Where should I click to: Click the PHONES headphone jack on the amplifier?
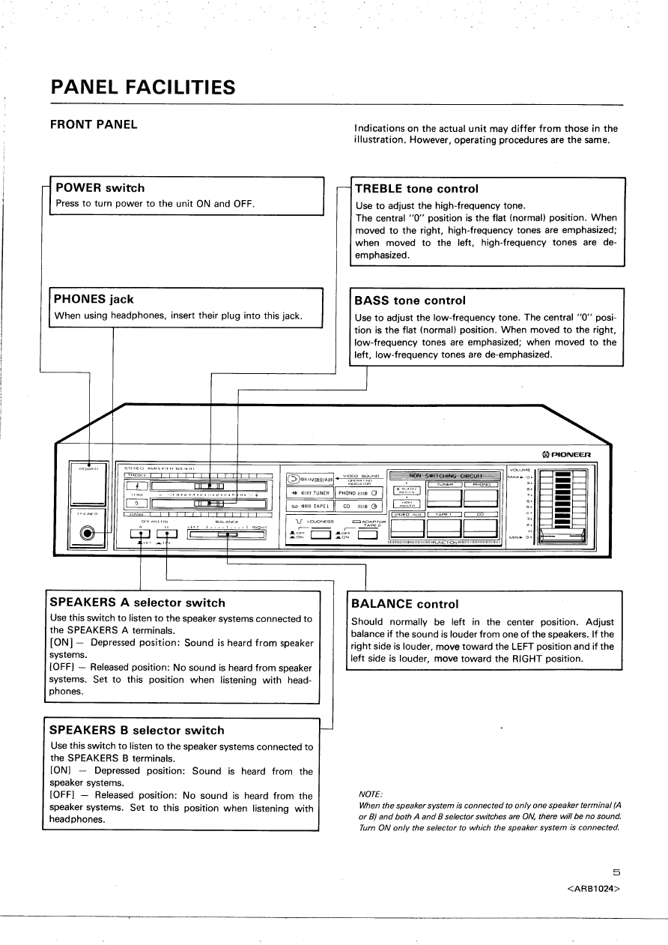pyautogui.click(x=88, y=534)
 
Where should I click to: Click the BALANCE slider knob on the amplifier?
pyautogui.click(x=227, y=534)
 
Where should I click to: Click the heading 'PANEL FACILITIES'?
pyautogui.click(x=142, y=88)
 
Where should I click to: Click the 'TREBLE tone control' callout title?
pyautogui.click(x=416, y=189)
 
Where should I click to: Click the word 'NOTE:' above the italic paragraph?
pyautogui.click(x=371, y=794)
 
